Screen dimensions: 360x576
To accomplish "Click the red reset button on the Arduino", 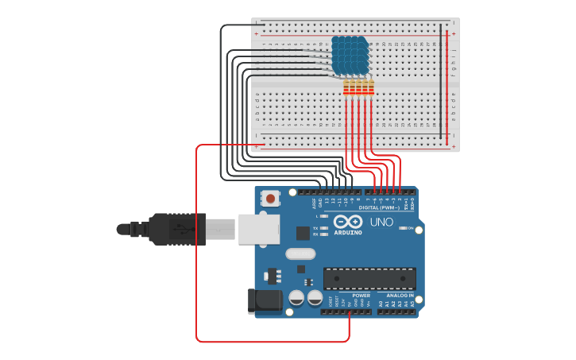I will [270, 198].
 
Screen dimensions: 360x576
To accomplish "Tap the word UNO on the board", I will [381, 223].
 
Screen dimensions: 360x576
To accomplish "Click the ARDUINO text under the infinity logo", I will [348, 233].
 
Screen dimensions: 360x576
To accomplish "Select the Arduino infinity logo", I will [348, 222].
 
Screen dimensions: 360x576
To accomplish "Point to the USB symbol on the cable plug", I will [180, 230].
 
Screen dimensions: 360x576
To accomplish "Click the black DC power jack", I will [265, 300].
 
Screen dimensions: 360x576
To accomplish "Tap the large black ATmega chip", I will [369, 279].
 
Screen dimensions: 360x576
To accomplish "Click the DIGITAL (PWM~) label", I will [379, 207].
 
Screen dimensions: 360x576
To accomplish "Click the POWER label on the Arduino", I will [361, 295].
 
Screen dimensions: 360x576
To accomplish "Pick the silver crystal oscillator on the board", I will [300, 254].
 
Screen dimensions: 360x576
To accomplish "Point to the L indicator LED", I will [323, 216].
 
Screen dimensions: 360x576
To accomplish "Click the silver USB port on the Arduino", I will [259, 229].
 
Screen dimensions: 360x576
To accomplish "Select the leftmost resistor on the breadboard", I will [346, 87].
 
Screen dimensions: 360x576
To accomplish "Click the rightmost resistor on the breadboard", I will [371, 87].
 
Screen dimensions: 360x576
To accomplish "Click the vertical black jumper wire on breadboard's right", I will [441, 79].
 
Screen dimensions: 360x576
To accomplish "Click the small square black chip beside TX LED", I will [303, 233].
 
